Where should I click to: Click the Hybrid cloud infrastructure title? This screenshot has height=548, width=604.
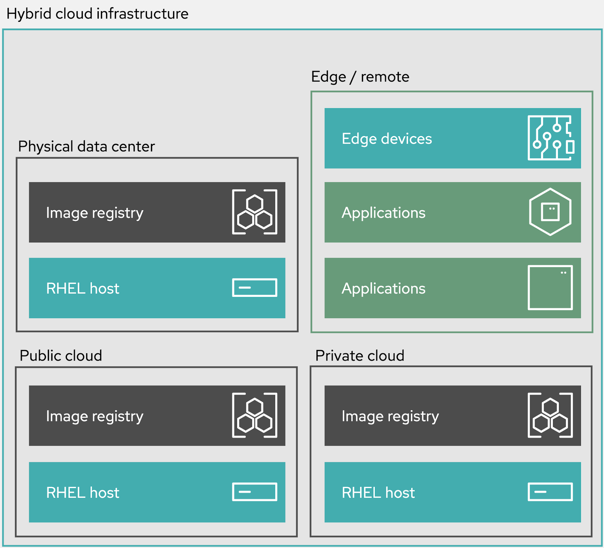pyautogui.click(x=97, y=14)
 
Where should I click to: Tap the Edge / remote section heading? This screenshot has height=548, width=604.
pyautogui.click(x=360, y=77)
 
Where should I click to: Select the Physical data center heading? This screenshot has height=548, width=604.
pyautogui.click(x=86, y=147)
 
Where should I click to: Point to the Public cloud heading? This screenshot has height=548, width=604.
pyautogui.click(x=61, y=356)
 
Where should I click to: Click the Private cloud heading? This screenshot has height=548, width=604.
pyautogui.click(x=360, y=356)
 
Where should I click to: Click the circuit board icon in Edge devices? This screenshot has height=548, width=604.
pyautogui.click(x=551, y=138)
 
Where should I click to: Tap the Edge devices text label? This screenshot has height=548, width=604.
pyautogui.click(x=387, y=139)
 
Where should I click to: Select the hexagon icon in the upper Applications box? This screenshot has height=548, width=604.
pyautogui.click(x=550, y=212)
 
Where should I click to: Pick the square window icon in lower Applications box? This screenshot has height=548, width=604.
pyautogui.click(x=550, y=288)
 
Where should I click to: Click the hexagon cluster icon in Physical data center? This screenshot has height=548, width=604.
pyautogui.click(x=255, y=212)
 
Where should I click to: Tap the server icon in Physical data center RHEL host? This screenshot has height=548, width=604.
pyautogui.click(x=255, y=288)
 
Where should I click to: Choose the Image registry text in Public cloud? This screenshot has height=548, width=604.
pyautogui.click(x=95, y=416)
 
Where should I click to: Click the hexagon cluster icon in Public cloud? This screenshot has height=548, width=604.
pyautogui.click(x=255, y=415)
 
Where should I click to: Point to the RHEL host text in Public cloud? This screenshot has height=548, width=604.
pyautogui.click(x=83, y=493)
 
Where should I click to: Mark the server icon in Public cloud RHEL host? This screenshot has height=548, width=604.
pyautogui.click(x=255, y=492)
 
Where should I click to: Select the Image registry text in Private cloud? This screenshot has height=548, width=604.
pyautogui.click(x=390, y=416)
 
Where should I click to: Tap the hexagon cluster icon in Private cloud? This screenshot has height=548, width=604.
pyautogui.click(x=550, y=415)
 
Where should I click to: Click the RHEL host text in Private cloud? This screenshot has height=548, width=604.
pyautogui.click(x=378, y=493)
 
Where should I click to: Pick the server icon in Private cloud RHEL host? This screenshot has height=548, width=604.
pyautogui.click(x=550, y=492)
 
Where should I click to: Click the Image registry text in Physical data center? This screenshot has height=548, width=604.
pyautogui.click(x=95, y=213)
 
